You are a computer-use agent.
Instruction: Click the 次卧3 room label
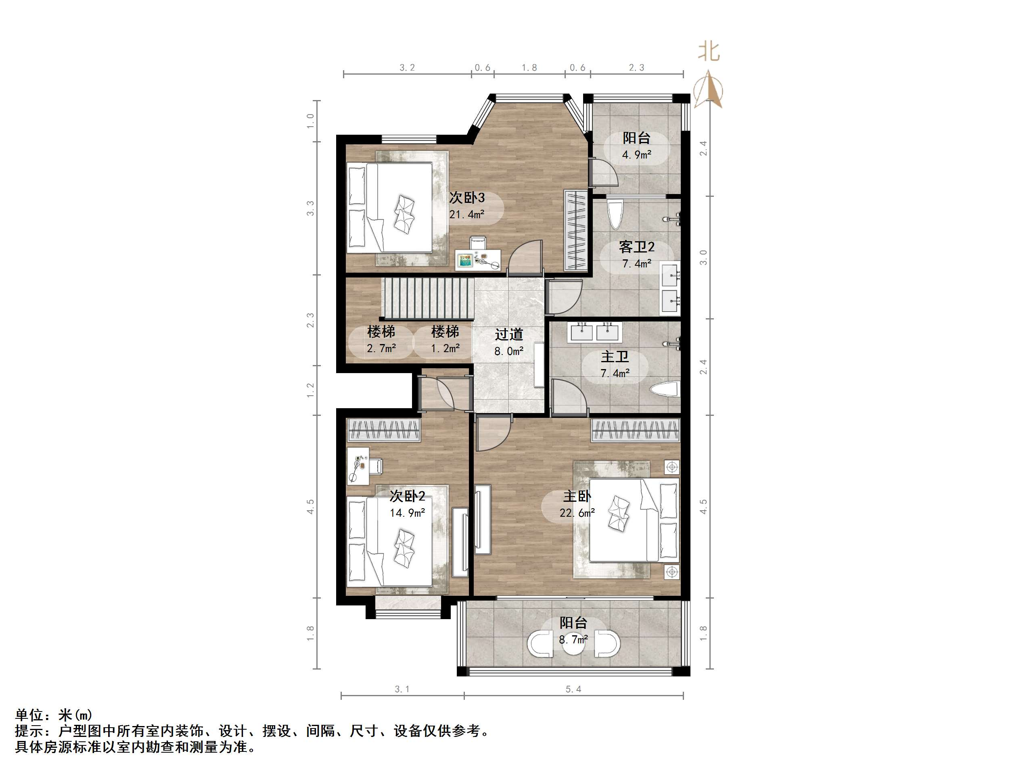[x=466, y=198]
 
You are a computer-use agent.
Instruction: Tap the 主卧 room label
[x=577, y=496]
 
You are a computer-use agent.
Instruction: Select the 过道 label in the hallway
[x=509, y=334]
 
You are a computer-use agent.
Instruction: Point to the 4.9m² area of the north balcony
[x=636, y=154]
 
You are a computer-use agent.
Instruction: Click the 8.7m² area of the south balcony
[x=573, y=640]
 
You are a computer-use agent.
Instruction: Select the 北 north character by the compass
[x=709, y=52]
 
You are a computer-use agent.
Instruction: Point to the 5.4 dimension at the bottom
[x=573, y=689]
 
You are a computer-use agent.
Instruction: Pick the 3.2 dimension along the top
[x=407, y=68]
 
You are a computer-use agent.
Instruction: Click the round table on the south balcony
[x=573, y=645]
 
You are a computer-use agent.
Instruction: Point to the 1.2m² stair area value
[x=445, y=348]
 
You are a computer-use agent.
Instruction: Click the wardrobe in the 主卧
[x=635, y=430]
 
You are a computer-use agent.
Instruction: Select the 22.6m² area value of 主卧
[x=577, y=513]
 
